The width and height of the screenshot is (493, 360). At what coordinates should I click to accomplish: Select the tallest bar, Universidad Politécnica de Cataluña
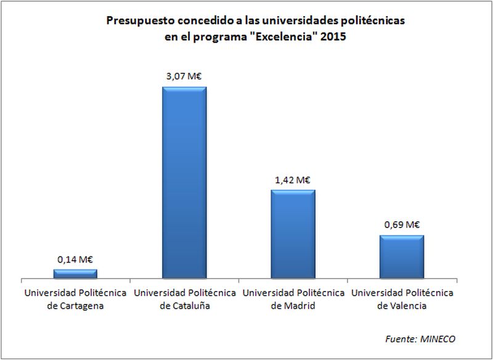[x=184, y=183]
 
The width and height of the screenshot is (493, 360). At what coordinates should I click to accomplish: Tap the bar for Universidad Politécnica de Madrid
[x=293, y=235]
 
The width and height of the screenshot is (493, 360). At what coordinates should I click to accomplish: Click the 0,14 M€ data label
[x=75, y=260]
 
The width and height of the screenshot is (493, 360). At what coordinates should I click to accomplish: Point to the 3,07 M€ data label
[x=184, y=76]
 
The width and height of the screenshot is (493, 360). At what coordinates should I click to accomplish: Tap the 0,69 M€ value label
[x=401, y=225]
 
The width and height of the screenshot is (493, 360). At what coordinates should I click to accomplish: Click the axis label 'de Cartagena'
[x=75, y=305]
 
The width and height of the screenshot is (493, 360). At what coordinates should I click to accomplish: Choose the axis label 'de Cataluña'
[x=184, y=305]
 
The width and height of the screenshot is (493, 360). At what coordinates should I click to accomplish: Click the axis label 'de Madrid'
[x=293, y=305]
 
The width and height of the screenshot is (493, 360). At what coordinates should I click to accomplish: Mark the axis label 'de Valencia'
[x=401, y=305]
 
